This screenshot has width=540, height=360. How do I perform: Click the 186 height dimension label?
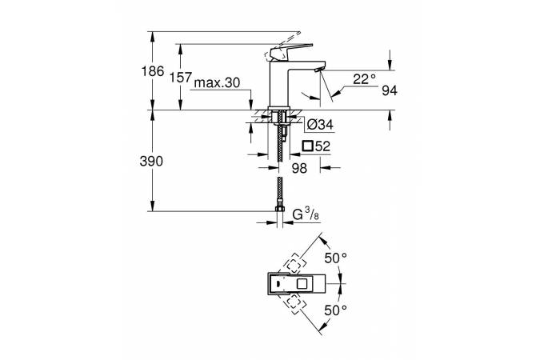coord(153,72)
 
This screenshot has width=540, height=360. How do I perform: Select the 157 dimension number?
coord(181,78)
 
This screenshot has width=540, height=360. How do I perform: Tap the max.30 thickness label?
coord(217,83)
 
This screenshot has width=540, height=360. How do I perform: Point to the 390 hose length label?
coord(151,162)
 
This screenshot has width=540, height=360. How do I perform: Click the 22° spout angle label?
coord(365,79)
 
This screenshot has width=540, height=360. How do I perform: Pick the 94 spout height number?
coord(390,90)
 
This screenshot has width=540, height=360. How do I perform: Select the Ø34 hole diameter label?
coord(320,124)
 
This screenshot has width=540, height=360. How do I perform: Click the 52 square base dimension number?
coord(322,146)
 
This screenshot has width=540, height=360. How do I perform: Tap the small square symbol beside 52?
coord(308,146)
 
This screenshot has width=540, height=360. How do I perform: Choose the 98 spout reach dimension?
coord(299,168)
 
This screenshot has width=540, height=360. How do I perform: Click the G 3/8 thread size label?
coord(306,215)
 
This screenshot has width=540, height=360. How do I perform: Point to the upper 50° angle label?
coord(336,258)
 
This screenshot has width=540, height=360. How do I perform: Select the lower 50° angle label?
coord(336,310)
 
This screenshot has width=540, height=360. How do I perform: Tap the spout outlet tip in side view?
coord(318,70)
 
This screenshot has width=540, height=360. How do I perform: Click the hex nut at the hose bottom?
coord(280,209)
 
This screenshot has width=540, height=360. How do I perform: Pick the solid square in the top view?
coord(302,283)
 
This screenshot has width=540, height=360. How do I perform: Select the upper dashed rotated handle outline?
coord(294,264)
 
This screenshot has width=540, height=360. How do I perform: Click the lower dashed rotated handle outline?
coord(294,304)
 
